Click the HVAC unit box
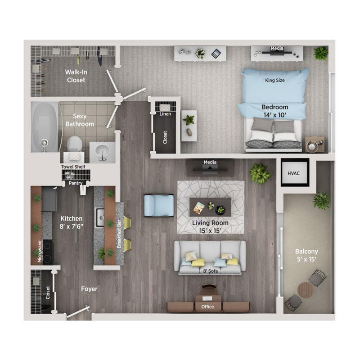click(295, 172)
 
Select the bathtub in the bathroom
click(45, 126)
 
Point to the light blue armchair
click(159, 205)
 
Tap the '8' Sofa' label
click(210, 271)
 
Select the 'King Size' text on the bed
click(275, 80)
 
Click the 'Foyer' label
click(89, 289)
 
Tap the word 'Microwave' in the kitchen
click(40, 250)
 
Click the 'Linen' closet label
click(165, 114)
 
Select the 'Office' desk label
click(208, 307)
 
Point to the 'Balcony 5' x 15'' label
click(306, 255)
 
